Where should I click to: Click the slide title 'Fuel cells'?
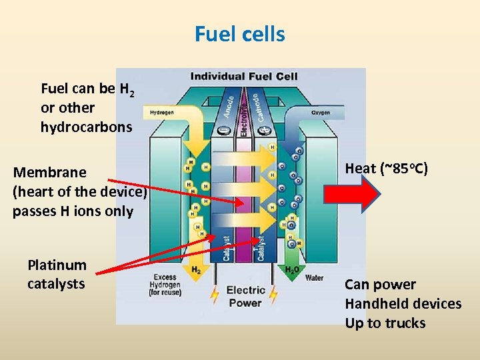point(240,33)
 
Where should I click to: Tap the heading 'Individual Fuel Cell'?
point(244,77)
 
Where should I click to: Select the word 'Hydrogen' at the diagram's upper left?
point(161,113)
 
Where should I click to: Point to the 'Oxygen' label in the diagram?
point(321,113)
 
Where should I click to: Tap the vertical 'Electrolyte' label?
point(244,113)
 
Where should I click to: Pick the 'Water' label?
point(314,277)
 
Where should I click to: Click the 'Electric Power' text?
point(245,296)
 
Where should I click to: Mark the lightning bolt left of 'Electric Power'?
point(214,293)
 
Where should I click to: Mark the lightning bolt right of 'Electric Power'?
point(275,293)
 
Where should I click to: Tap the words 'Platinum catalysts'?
point(57,275)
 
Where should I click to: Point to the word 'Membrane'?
point(50,173)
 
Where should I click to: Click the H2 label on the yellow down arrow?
point(195,269)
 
